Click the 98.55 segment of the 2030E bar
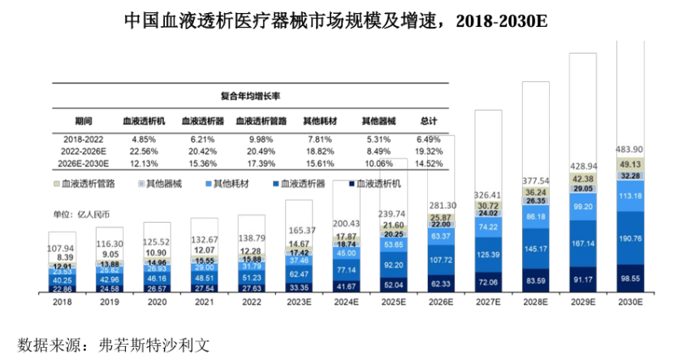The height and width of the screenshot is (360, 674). (630, 278)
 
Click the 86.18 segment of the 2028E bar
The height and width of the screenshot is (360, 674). (535, 218)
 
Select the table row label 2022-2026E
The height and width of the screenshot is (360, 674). (84, 150)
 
